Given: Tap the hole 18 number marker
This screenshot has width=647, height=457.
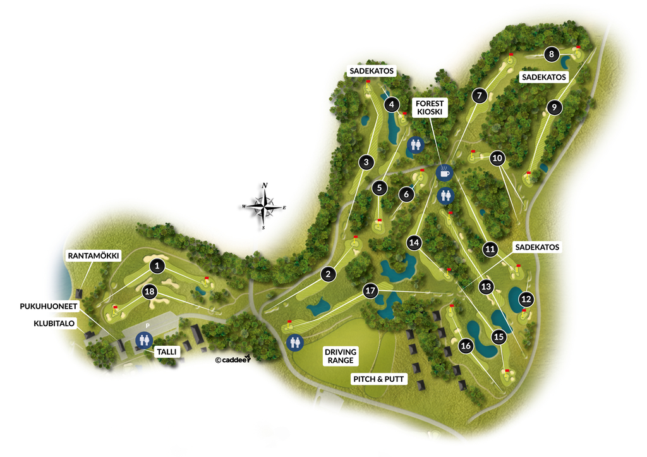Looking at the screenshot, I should pyautogui.click(x=150, y=291).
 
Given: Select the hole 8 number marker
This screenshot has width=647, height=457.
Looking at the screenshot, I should pyautogui.click(x=552, y=54).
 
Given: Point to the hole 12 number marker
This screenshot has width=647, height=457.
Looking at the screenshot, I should pyautogui.click(x=526, y=299).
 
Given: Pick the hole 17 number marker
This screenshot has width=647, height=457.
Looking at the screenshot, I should pyautogui.click(x=370, y=291).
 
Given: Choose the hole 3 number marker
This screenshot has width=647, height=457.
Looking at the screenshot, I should pyautogui.click(x=366, y=162).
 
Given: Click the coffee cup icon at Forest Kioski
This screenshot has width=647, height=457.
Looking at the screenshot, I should pyautogui.click(x=445, y=171).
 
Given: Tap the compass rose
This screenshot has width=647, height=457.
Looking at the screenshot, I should pyautogui.click(x=265, y=206).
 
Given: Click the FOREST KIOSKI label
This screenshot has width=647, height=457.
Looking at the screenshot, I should pyautogui.click(x=430, y=107).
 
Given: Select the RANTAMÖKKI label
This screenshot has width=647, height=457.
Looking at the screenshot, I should pyautogui.click(x=94, y=255).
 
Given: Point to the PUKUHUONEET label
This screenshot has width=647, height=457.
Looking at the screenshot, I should pyautogui.click(x=48, y=306).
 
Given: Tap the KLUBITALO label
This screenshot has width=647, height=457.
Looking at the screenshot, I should pyautogui.click(x=54, y=323).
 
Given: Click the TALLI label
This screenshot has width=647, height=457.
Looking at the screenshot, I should pyautogui.click(x=168, y=351).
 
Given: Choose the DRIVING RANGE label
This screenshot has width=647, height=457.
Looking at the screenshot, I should pyautogui.click(x=341, y=356).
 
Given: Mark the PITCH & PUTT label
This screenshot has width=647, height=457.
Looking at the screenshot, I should pyautogui.click(x=379, y=379).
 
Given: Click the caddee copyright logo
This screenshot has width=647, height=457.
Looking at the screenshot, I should pyautogui.click(x=233, y=360).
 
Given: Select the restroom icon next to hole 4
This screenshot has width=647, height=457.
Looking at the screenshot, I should pyautogui.click(x=416, y=145).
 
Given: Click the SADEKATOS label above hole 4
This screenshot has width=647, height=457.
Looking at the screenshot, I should pyautogui.click(x=372, y=71).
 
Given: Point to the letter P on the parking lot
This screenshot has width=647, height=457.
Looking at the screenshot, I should pyautogui.click(x=147, y=326).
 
